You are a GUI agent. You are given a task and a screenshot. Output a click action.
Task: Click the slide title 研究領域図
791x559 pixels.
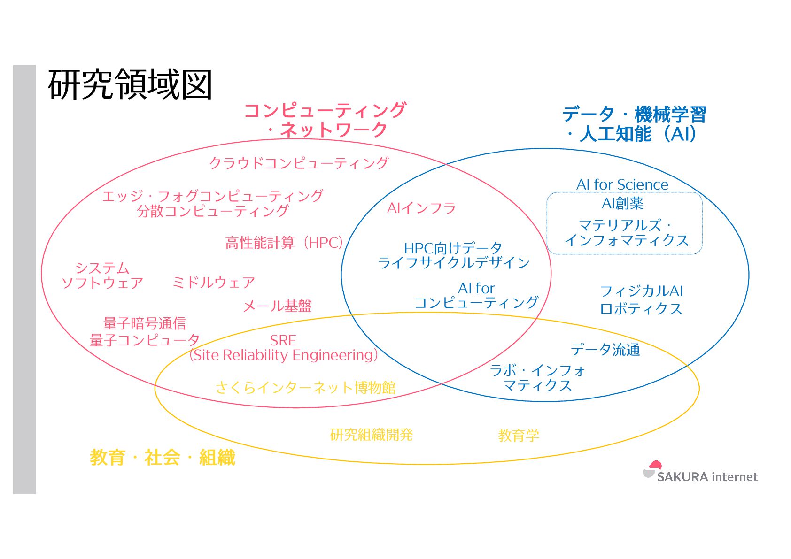point(130,84)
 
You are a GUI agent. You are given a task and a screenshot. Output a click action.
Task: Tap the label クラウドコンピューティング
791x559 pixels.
point(299,163)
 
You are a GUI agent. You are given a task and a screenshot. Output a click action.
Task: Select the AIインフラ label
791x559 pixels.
point(421,208)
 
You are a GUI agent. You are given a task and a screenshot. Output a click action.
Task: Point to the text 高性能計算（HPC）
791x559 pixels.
point(284,243)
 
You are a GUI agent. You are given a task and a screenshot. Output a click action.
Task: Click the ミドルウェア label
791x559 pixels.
point(214,282)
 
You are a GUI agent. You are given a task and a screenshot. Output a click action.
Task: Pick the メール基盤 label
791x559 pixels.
point(277,306)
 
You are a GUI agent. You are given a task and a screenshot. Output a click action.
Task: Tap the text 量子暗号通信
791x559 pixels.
point(145,323)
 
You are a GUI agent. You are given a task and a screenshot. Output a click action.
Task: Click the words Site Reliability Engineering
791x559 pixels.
point(283,355)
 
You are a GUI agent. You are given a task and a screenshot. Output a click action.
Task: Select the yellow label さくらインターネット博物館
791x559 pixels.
point(305,387)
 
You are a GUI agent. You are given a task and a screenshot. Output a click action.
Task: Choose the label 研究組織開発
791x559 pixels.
point(371,435)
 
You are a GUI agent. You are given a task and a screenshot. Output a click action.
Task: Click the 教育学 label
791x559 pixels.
point(519,436)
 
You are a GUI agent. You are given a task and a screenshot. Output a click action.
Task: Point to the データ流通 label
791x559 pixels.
point(605,349)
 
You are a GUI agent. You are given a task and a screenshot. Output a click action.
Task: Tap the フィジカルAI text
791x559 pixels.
point(642,291)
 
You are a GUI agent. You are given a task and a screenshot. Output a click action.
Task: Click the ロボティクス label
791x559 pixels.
point(641,309)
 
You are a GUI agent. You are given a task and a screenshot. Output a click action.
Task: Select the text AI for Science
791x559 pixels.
point(622,184)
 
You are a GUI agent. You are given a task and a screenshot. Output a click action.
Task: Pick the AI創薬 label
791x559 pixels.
point(622,203)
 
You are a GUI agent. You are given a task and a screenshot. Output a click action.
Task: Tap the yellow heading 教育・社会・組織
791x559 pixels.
point(162,457)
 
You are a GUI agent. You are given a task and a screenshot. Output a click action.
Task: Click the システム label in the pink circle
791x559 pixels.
point(102,268)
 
